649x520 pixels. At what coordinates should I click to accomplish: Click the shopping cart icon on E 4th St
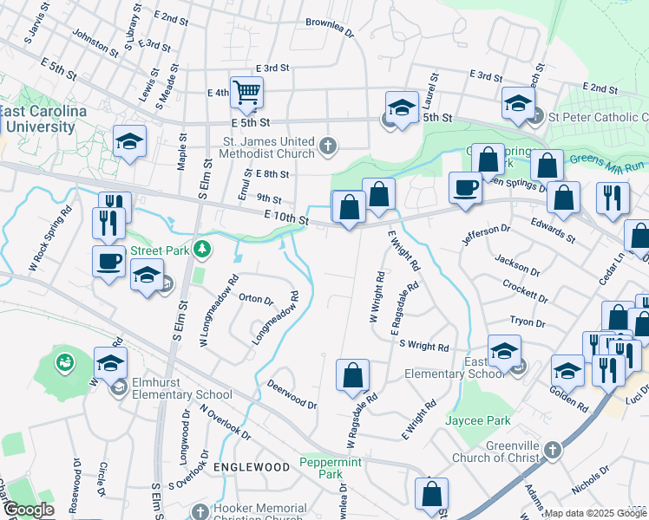(247, 91)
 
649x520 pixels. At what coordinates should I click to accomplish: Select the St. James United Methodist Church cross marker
(328, 145)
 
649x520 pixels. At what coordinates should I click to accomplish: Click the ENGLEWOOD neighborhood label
(252, 467)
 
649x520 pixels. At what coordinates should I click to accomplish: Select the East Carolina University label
(43, 120)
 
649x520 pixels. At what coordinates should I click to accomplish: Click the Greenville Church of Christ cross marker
(556, 452)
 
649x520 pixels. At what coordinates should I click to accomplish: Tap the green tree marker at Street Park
(202, 250)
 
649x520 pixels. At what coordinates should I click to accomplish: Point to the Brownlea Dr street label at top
(330, 29)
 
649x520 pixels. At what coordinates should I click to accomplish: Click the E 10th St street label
(287, 218)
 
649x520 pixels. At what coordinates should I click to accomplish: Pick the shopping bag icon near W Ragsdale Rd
(352, 375)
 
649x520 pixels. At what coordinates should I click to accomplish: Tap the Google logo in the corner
(28, 510)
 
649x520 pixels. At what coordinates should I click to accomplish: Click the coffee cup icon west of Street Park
(109, 261)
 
